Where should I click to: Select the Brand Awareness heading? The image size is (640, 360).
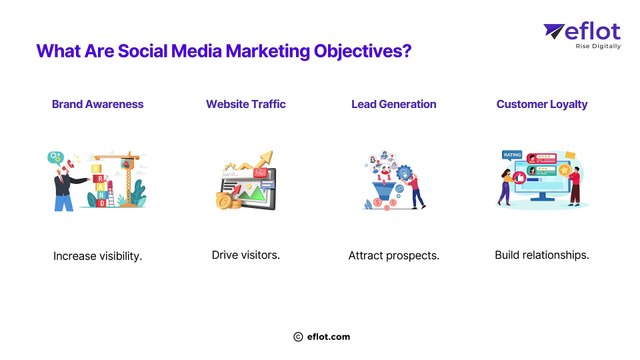click(98, 104)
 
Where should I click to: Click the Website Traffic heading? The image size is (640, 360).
click(246, 104)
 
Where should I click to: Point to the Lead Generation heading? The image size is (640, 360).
click(394, 104)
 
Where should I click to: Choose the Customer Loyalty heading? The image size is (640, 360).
click(542, 104)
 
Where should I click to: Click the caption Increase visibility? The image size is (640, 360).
click(98, 256)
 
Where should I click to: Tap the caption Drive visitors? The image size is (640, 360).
click(246, 255)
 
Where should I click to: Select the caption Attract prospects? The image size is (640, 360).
click(394, 256)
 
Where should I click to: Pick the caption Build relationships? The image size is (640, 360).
click(542, 255)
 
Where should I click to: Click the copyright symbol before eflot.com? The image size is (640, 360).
click(298, 338)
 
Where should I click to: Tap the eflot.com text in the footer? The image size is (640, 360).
click(329, 338)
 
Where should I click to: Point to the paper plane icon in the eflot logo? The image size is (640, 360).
click(556, 34)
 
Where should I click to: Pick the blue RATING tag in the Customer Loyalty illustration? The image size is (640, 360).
click(512, 155)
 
